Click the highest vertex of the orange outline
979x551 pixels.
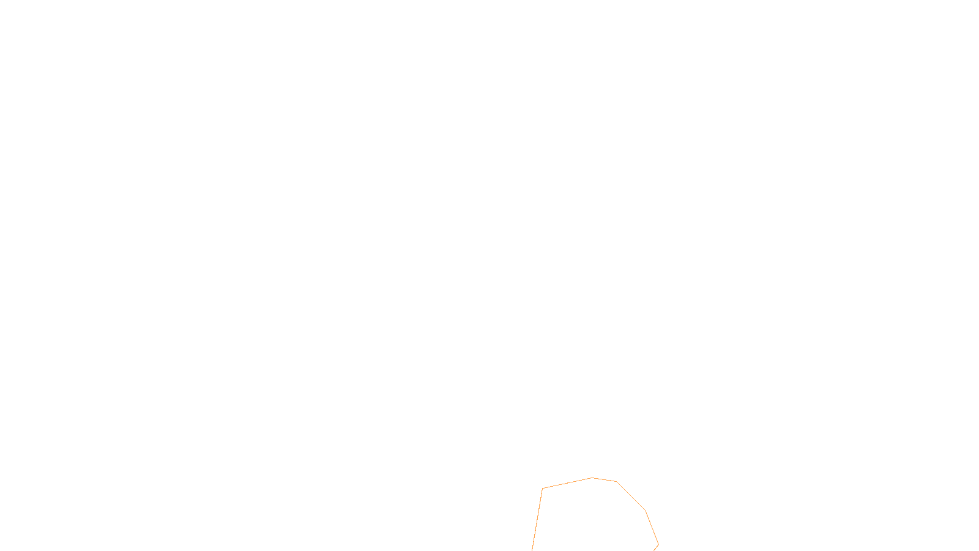(x=592, y=478)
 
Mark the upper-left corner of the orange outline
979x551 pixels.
(x=543, y=489)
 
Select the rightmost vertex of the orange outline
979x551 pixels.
(x=658, y=544)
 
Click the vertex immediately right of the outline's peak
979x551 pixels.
(x=616, y=482)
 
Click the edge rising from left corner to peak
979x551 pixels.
(x=567, y=483)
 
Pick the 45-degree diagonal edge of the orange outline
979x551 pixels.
(x=631, y=496)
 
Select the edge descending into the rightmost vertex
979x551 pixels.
(x=652, y=527)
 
